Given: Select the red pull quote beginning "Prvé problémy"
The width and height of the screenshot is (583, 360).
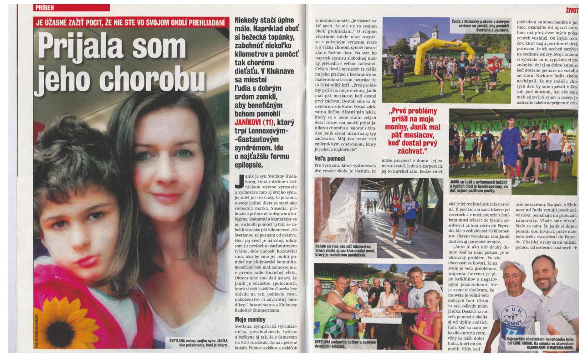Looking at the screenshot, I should (414, 130).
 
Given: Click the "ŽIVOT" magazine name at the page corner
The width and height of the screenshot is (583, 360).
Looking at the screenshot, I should (573, 8).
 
